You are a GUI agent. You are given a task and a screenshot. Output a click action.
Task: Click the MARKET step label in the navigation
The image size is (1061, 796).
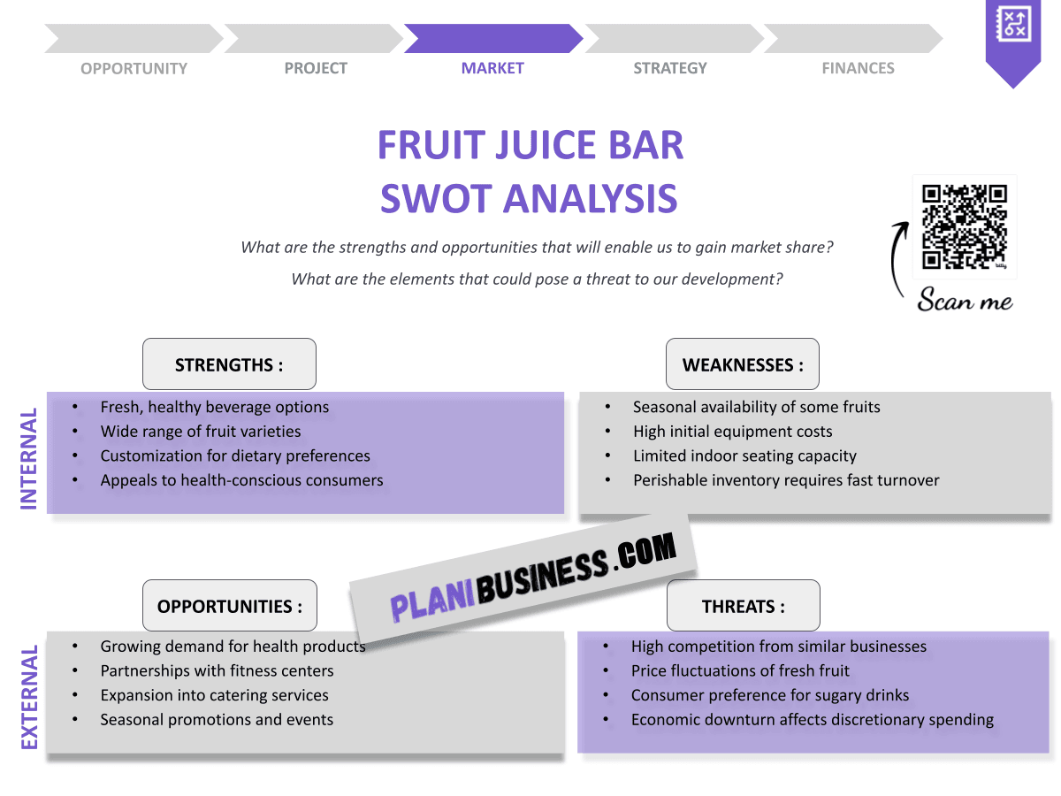click(x=492, y=68)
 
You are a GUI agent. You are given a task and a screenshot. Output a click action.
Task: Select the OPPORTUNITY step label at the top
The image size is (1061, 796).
click(x=134, y=68)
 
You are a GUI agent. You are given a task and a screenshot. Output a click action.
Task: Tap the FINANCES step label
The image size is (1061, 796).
click(x=858, y=68)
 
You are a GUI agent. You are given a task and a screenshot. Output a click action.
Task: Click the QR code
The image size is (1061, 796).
click(x=965, y=226)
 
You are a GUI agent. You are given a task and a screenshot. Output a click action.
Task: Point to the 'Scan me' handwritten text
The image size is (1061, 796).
click(x=965, y=301)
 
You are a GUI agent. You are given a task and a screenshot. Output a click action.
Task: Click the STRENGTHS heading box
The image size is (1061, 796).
click(x=229, y=364)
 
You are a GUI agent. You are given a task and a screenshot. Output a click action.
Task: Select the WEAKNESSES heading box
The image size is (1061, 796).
click(x=743, y=364)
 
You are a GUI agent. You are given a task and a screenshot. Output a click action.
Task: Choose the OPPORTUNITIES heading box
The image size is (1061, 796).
click(x=229, y=606)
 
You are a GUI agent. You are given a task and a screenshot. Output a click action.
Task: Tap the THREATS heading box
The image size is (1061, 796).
click(x=743, y=606)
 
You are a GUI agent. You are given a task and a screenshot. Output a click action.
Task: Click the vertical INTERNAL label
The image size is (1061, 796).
click(x=29, y=458)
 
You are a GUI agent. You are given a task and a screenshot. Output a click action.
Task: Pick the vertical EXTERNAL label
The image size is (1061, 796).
click(x=29, y=698)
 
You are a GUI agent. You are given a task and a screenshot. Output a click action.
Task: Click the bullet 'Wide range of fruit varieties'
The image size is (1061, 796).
click(x=201, y=432)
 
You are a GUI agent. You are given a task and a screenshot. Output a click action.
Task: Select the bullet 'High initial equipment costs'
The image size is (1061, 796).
click(x=732, y=432)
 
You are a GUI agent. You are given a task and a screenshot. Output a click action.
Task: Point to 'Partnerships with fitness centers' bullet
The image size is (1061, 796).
click(x=217, y=670)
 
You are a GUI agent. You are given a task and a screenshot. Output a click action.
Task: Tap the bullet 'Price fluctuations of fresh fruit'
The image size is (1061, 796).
click(x=740, y=670)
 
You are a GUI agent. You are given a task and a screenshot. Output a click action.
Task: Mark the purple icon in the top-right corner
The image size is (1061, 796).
click(x=1013, y=35)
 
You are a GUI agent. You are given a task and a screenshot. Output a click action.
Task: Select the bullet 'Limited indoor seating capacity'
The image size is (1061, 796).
click(x=744, y=456)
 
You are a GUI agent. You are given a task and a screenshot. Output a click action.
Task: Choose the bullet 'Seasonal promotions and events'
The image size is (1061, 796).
click(x=217, y=720)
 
